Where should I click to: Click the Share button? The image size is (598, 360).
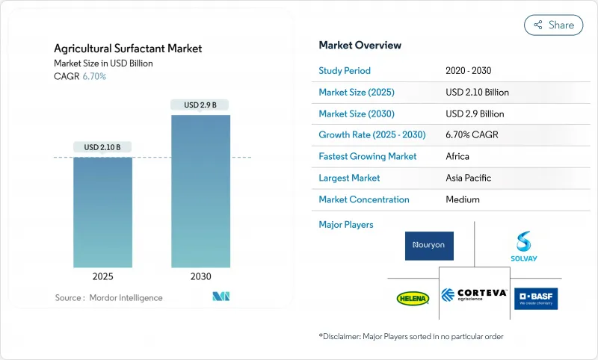click(554, 25)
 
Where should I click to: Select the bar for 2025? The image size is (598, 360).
click(102, 212)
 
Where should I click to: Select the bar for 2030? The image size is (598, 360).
click(200, 191)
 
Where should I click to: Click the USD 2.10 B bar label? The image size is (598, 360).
click(102, 146)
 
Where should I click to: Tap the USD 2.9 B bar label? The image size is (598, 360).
click(200, 105)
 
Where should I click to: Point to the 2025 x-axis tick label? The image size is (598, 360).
click(102, 276)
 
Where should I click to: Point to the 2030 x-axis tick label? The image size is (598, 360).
click(200, 276)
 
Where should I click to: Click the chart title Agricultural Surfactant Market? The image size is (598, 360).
click(128, 49)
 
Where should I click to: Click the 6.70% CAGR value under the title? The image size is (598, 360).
click(93, 76)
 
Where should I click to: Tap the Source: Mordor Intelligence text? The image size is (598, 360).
click(108, 297)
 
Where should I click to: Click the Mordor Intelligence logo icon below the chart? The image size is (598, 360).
click(221, 297)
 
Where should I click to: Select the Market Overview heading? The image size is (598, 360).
click(360, 45)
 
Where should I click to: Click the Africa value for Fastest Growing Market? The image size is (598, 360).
click(457, 156)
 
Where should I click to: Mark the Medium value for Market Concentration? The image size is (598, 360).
click(462, 199)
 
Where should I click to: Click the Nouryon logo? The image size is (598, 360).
click(429, 246)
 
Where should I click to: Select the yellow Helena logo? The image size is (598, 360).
click(413, 298)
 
